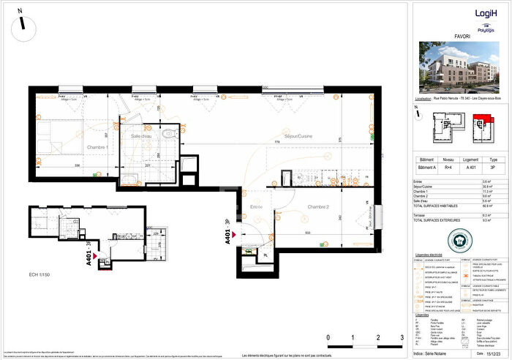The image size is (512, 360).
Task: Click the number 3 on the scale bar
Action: [x=402, y=339]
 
